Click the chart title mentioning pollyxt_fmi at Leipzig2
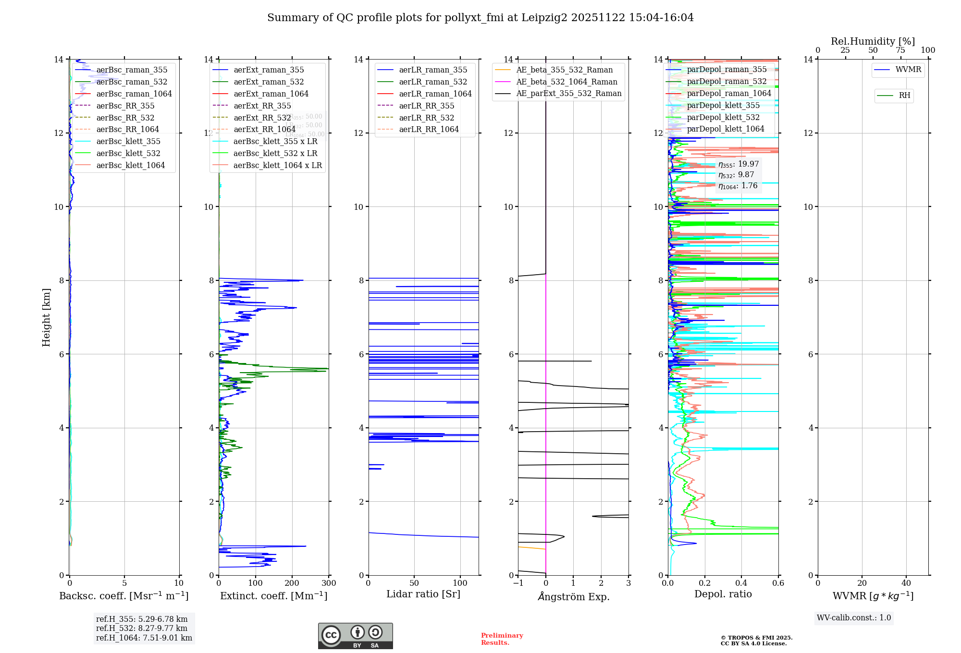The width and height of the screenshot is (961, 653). [480, 18]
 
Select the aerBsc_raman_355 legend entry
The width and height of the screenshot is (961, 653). [132, 70]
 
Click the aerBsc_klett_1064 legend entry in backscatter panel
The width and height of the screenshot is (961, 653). [130, 165]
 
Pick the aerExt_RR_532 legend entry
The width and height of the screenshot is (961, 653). [262, 118]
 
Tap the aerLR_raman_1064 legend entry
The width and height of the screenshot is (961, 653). [435, 94]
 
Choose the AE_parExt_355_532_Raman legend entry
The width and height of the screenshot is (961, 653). [568, 94]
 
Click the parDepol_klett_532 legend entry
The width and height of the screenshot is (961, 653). [723, 117]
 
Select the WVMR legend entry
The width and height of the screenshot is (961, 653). [908, 70]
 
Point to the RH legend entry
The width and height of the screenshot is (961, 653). [904, 96]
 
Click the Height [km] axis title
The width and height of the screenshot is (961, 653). [46, 317]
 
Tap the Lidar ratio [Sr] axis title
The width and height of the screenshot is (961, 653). [423, 594]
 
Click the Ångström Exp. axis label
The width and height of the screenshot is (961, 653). [574, 596]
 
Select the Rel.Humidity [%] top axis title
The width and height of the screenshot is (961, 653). [873, 41]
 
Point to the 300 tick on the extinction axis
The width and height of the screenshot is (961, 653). [329, 583]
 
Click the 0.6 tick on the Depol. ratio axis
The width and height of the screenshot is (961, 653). [778, 583]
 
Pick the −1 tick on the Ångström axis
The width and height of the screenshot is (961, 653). [518, 583]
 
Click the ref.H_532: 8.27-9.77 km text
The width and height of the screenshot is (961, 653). [142, 628]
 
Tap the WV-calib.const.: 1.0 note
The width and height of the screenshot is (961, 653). [854, 618]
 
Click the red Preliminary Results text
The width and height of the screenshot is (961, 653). [502, 639]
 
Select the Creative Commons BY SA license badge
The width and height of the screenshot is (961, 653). [355, 636]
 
